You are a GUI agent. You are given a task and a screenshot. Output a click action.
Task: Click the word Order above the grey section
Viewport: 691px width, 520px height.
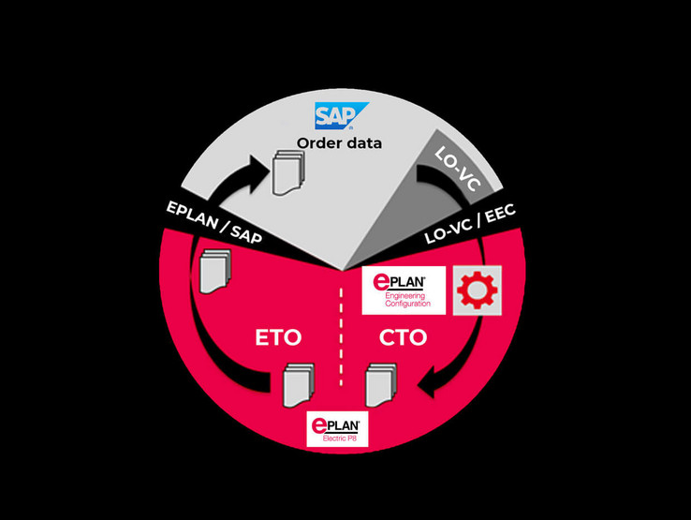coord(319,143)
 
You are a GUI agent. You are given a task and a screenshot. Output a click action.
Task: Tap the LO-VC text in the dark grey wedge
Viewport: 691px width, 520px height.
coord(459,169)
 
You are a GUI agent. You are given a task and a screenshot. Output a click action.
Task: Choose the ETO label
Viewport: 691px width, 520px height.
coord(277,337)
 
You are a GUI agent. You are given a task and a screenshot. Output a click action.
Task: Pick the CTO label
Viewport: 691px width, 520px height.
coord(404,337)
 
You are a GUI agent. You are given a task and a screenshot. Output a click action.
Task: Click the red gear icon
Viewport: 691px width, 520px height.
coord(478,290)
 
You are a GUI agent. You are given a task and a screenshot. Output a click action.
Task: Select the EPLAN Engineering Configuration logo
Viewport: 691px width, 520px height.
coord(404,290)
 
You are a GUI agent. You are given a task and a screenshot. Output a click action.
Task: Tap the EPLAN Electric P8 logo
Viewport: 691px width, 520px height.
coord(339,428)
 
